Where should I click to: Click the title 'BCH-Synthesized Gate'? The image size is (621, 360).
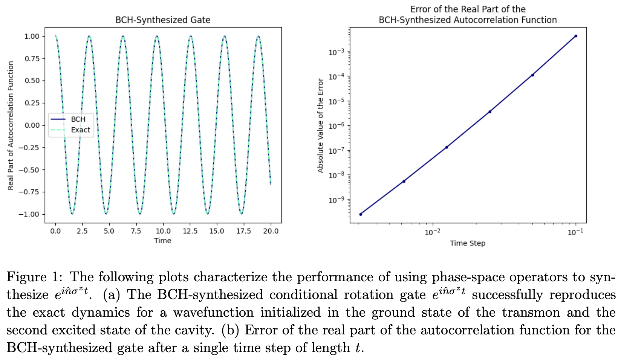(x=163, y=20)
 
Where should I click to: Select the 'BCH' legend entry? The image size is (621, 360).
(x=78, y=119)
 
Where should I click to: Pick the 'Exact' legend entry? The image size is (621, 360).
(x=80, y=130)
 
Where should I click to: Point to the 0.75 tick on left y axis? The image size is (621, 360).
(x=32, y=58)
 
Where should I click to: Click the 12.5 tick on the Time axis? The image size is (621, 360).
(x=190, y=231)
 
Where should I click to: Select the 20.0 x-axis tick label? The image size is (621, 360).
(x=271, y=231)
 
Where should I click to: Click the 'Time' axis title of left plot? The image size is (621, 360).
(x=162, y=241)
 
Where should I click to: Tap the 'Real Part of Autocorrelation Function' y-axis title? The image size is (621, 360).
(x=11, y=125)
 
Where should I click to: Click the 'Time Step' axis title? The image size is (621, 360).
(x=467, y=243)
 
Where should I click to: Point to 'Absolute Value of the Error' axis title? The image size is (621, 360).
(x=321, y=125)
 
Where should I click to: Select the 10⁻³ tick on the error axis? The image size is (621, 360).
(x=337, y=52)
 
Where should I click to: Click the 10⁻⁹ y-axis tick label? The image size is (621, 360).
(x=337, y=200)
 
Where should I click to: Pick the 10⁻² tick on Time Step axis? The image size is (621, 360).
(x=432, y=232)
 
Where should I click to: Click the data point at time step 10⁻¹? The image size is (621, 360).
(x=575, y=36)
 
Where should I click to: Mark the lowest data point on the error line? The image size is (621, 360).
(x=361, y=214)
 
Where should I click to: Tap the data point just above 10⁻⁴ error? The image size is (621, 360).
(x=532, y=75)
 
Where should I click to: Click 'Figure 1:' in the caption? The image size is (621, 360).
(x=34, y=277)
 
